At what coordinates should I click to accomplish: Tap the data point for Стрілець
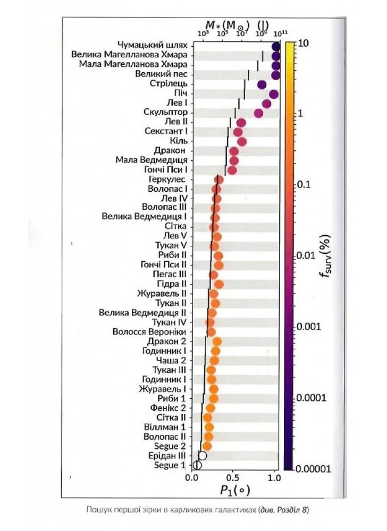[x=262, y=84]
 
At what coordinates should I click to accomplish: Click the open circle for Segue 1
[x=197, y=465]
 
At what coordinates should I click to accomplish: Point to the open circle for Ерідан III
[x=202, y=456]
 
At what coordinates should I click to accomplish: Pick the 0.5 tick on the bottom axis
[x=232, y=477]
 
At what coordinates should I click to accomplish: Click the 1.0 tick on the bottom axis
[x=274, y=477]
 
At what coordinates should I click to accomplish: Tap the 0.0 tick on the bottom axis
[x=191, y=477]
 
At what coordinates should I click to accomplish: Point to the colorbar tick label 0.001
[x=309, y=327]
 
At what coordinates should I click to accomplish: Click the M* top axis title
[x=226, y=24]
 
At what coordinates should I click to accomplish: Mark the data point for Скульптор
[x=259, y=113]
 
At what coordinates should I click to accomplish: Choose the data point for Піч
[x=274, y=94]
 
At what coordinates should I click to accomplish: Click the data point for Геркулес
[x=218, y=179]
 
